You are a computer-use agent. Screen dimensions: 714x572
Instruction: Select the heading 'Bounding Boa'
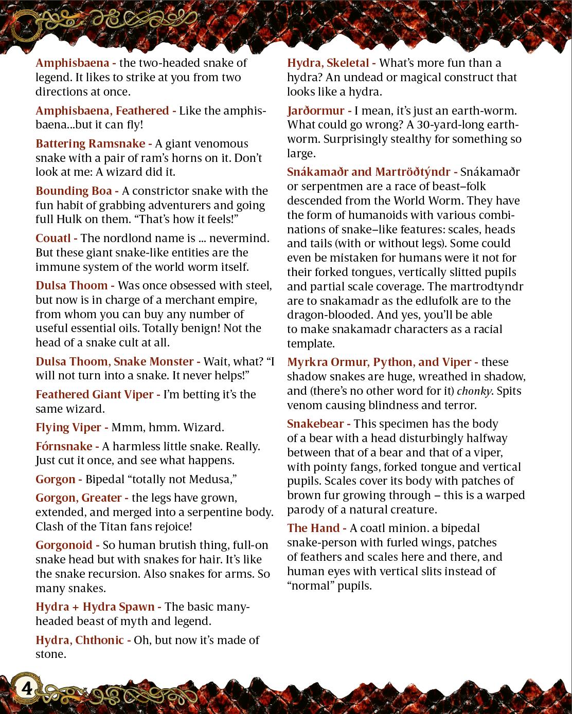(x=74, y=191)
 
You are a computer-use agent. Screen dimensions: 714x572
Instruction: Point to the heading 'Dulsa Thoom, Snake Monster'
(x=114, y=361)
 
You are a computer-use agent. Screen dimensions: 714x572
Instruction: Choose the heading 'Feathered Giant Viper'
(x=94, y=394)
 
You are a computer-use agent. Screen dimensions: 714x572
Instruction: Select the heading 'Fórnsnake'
(x=64, y=446)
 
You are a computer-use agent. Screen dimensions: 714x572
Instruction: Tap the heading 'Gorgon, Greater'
(x=78, y=498)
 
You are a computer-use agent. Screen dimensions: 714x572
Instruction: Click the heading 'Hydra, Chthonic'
(x=79, y=640)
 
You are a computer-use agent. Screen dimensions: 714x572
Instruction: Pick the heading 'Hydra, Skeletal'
(x=328, y=63)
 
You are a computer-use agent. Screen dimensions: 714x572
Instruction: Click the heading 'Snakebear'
(x=315, y=424)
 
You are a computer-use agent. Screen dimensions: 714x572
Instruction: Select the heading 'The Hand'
(x=313, y=528)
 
